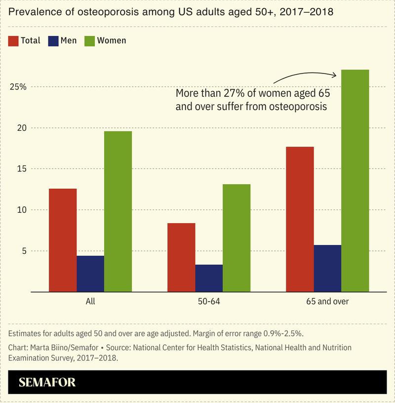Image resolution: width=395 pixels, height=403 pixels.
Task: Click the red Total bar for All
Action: (63, 240)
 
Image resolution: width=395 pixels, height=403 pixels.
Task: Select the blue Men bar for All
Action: (90, 274)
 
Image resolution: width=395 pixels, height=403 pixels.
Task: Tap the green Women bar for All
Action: (118, 211)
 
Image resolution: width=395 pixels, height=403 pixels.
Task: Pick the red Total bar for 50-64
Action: (181, 257)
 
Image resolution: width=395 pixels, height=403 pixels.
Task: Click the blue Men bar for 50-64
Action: (209, 278)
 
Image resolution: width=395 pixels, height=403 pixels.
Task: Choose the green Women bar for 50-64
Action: (237, 238)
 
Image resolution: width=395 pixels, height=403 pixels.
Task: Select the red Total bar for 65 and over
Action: (300, 219)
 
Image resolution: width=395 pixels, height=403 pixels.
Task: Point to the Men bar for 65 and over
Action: (327, 268)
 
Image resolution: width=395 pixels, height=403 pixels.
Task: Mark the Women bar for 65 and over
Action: (355, 181)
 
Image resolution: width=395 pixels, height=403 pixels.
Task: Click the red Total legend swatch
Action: (13, 40)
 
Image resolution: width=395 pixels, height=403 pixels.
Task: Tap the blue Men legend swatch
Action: (53, 40)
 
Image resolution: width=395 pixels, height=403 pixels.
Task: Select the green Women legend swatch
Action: (90, 40)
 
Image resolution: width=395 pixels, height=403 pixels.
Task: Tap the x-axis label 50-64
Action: (209, 301)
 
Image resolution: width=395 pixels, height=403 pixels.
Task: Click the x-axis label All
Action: (90, 301)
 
